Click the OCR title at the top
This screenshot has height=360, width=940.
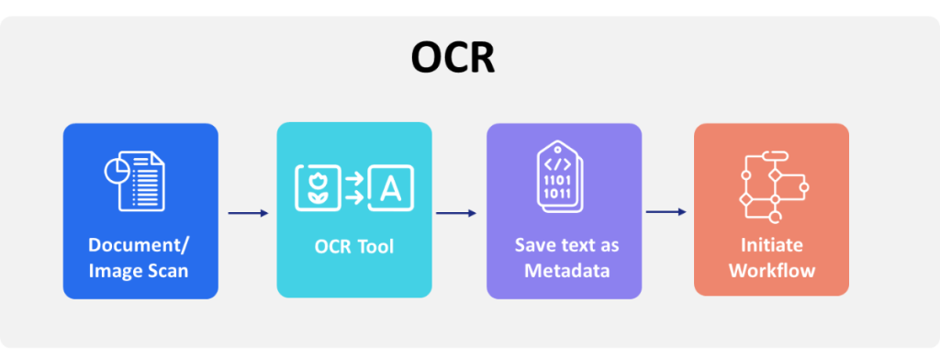pos(453,59)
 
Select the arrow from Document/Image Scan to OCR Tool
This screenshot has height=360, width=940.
pos(248,214)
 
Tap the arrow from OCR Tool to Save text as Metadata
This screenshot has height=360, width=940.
pos(456,214)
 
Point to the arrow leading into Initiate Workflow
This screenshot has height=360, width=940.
pos(666,212)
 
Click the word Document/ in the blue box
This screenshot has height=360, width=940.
pos(140,246)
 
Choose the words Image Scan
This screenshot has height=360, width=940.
pos(140,271)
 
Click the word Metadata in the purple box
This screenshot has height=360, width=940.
pos(562,271)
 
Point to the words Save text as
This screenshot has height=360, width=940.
pos(562,246)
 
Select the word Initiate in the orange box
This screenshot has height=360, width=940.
pos(772,246)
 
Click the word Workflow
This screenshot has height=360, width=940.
pos(772,271)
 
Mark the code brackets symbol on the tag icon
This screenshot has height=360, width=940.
pos(558,163)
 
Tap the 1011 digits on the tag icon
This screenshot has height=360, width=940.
pos(558,195)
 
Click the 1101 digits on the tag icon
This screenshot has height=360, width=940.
pos(558,181)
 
